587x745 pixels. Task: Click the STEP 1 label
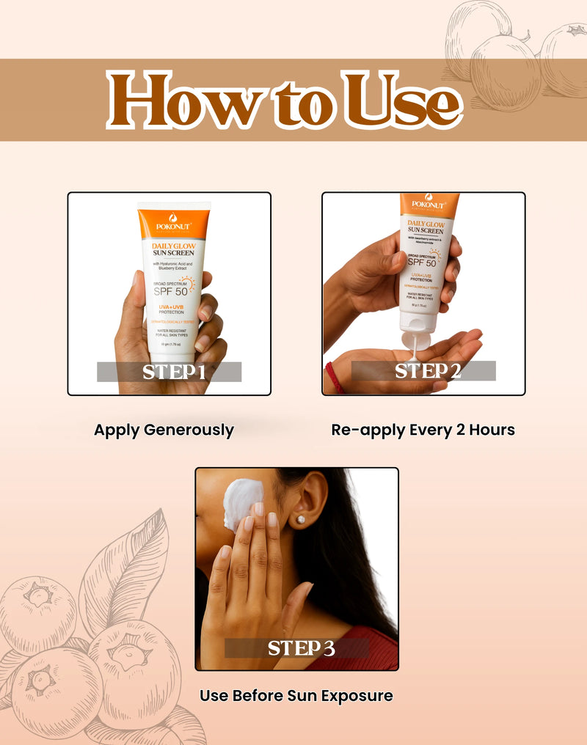tap(169, 372)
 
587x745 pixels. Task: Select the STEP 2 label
tap(423, 371)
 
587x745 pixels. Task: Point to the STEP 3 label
tap(296, 648)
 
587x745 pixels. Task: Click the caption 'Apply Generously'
tap(164, 430)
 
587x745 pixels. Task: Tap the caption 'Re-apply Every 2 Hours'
tap(423, 430)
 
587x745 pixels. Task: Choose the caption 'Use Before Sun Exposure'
tap(296, 695)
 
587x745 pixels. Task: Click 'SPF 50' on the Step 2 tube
tap(422, 263)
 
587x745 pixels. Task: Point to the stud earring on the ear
tap(300, 519)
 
